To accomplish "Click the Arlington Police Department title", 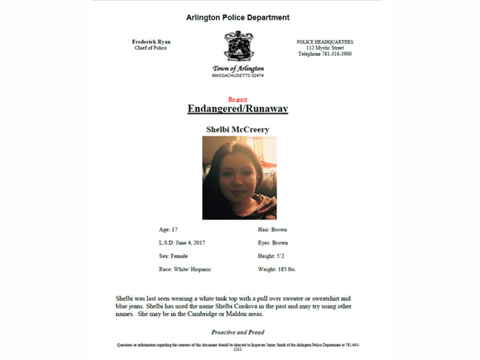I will (238, 18).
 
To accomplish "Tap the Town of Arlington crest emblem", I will (239, 46).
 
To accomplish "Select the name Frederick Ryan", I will (151, 42).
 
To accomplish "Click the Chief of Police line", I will (151, 48).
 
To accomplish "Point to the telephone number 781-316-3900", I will (336, 54).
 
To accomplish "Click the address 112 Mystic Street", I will (325, 48).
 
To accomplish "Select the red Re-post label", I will (238, 99).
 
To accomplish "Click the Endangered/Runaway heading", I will (238, 109).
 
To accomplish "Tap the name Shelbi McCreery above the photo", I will (238, 130).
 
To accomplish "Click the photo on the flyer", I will (239, 178).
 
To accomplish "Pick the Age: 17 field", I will (168, 230).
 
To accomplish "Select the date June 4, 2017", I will (190, 243).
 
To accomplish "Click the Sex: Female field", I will (173, 256).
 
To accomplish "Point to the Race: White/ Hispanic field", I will (185, 269).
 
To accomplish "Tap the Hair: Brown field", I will (272, 230).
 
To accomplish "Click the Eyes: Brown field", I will (273, 243).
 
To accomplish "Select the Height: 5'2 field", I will (272, 256).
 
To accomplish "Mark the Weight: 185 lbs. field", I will (277, 269).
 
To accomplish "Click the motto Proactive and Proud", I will (238, 332).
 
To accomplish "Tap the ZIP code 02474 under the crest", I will (256, 76).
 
